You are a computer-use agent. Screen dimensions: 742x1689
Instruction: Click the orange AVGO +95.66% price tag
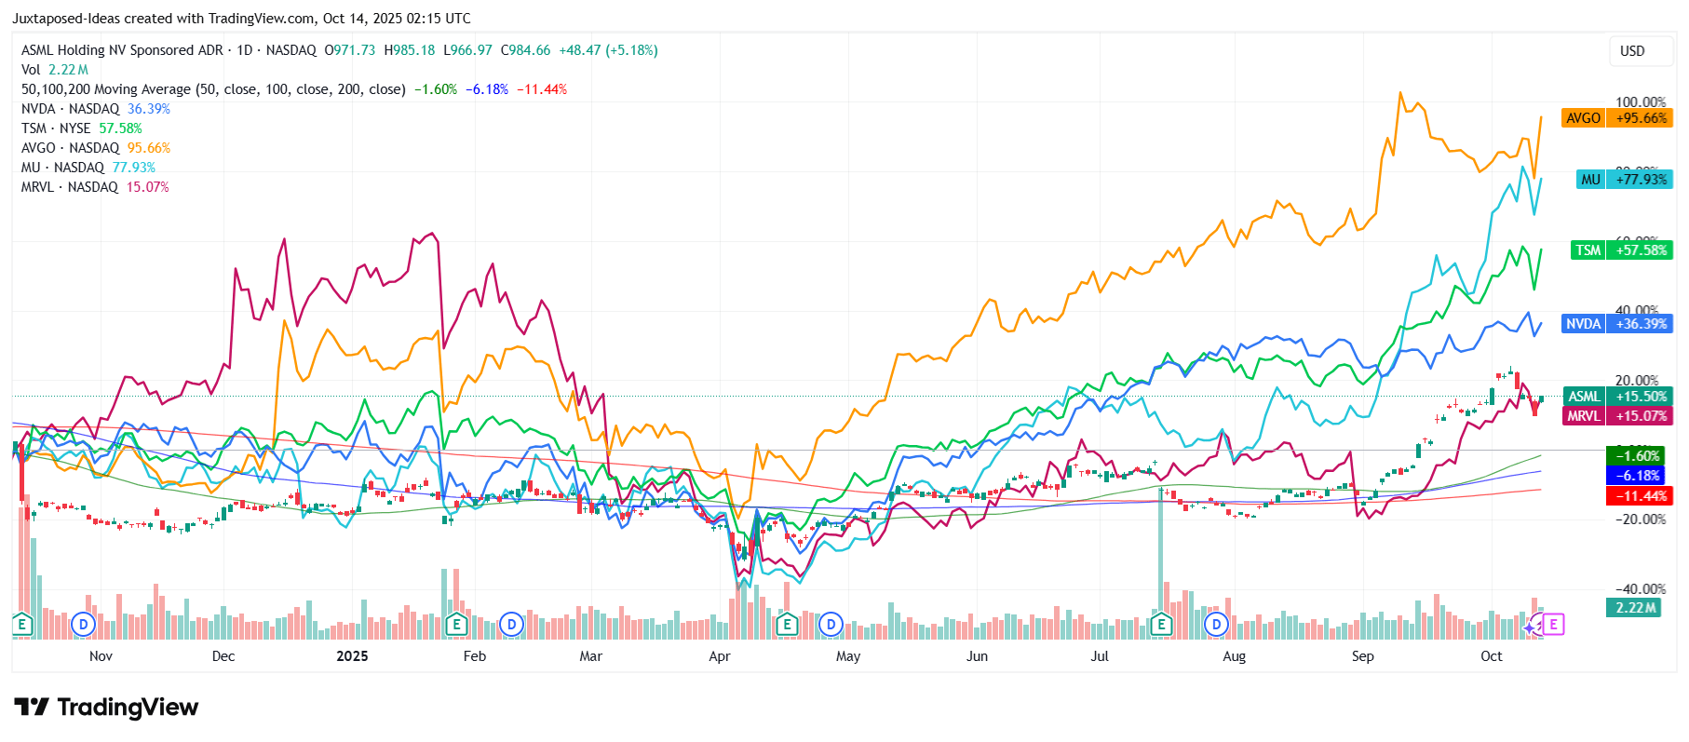click(1616, 118)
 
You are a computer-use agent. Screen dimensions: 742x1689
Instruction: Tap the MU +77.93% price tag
click(1625, 180)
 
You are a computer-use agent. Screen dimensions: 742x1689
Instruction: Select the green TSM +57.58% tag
click(1621, 250)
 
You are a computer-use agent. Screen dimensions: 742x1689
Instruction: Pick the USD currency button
click(1632, 51)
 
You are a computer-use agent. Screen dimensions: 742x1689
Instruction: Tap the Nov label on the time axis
click(101, 656)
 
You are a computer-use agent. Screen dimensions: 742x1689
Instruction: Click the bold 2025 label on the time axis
click(352, 656)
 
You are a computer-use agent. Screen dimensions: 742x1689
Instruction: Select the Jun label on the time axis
click(977, 656)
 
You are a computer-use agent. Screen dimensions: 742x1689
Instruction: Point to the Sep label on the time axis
click(1362, 656)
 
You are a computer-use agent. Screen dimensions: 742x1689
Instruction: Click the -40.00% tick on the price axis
click(1640, 589)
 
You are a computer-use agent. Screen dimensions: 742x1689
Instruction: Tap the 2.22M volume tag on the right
click(1636, 608)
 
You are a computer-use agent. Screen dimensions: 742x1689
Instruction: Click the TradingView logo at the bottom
click(106, 708)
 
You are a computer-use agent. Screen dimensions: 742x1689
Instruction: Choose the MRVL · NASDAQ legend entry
click(70, 187)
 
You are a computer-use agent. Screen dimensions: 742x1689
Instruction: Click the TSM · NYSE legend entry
click(56, 128)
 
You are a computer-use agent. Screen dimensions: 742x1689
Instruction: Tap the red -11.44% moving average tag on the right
click(1640, 496)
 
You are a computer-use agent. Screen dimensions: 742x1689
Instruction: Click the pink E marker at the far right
click(1553, 625)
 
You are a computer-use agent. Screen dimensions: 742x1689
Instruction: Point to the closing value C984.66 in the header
click(526, 50)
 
